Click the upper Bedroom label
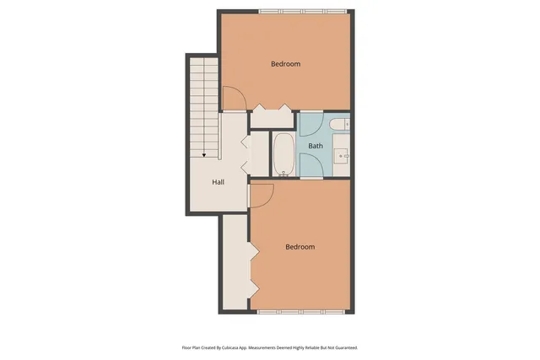pyautogui.click(x=285, y=64)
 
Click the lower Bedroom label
pyautogui.click(x=300, y=247)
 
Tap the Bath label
pyautogui.click(x=315, y=146)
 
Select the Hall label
pyautogui.click(x=218, y=182)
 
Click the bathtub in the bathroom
pyautogui.click(x=283, y=153)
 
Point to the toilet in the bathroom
pyautogui.click(x=340, y=125)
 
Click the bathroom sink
pyautogui.click(x=342, y=155)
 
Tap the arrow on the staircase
pyautogui.click(x=203, y=153)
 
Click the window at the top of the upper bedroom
pyautogui.click(x=302, y=11)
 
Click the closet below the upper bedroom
pyautogui.click(x=272, y=119)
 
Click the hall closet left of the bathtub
pyautogui.click(x=258, y=153)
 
